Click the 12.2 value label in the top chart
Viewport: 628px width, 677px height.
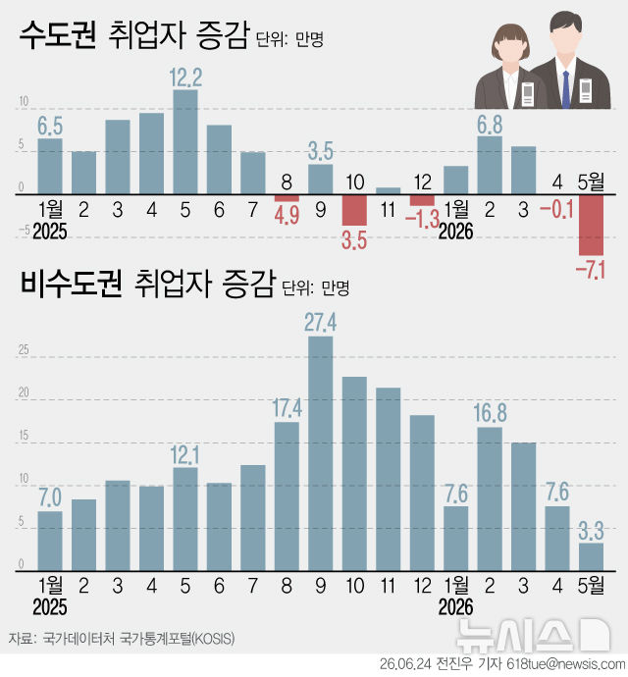185,78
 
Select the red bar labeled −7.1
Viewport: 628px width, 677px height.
591,225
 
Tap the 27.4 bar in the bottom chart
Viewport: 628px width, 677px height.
321,453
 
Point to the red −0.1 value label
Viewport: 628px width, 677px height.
556,209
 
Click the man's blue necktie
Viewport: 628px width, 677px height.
566,89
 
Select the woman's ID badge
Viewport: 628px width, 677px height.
528,94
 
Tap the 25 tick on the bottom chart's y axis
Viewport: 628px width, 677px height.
24,349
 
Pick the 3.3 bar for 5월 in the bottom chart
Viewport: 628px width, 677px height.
591,557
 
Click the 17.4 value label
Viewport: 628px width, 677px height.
288,408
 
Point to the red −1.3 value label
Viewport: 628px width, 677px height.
422,219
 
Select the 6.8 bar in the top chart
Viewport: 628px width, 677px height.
490,166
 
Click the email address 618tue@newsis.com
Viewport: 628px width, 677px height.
566,664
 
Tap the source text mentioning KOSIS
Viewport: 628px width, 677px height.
122,638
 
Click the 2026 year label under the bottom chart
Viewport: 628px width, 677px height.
455,607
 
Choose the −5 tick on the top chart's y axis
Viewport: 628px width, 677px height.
25,231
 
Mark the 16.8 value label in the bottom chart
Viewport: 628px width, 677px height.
490,413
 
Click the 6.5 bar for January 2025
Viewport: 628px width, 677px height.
50,166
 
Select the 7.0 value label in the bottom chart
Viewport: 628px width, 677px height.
50,497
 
